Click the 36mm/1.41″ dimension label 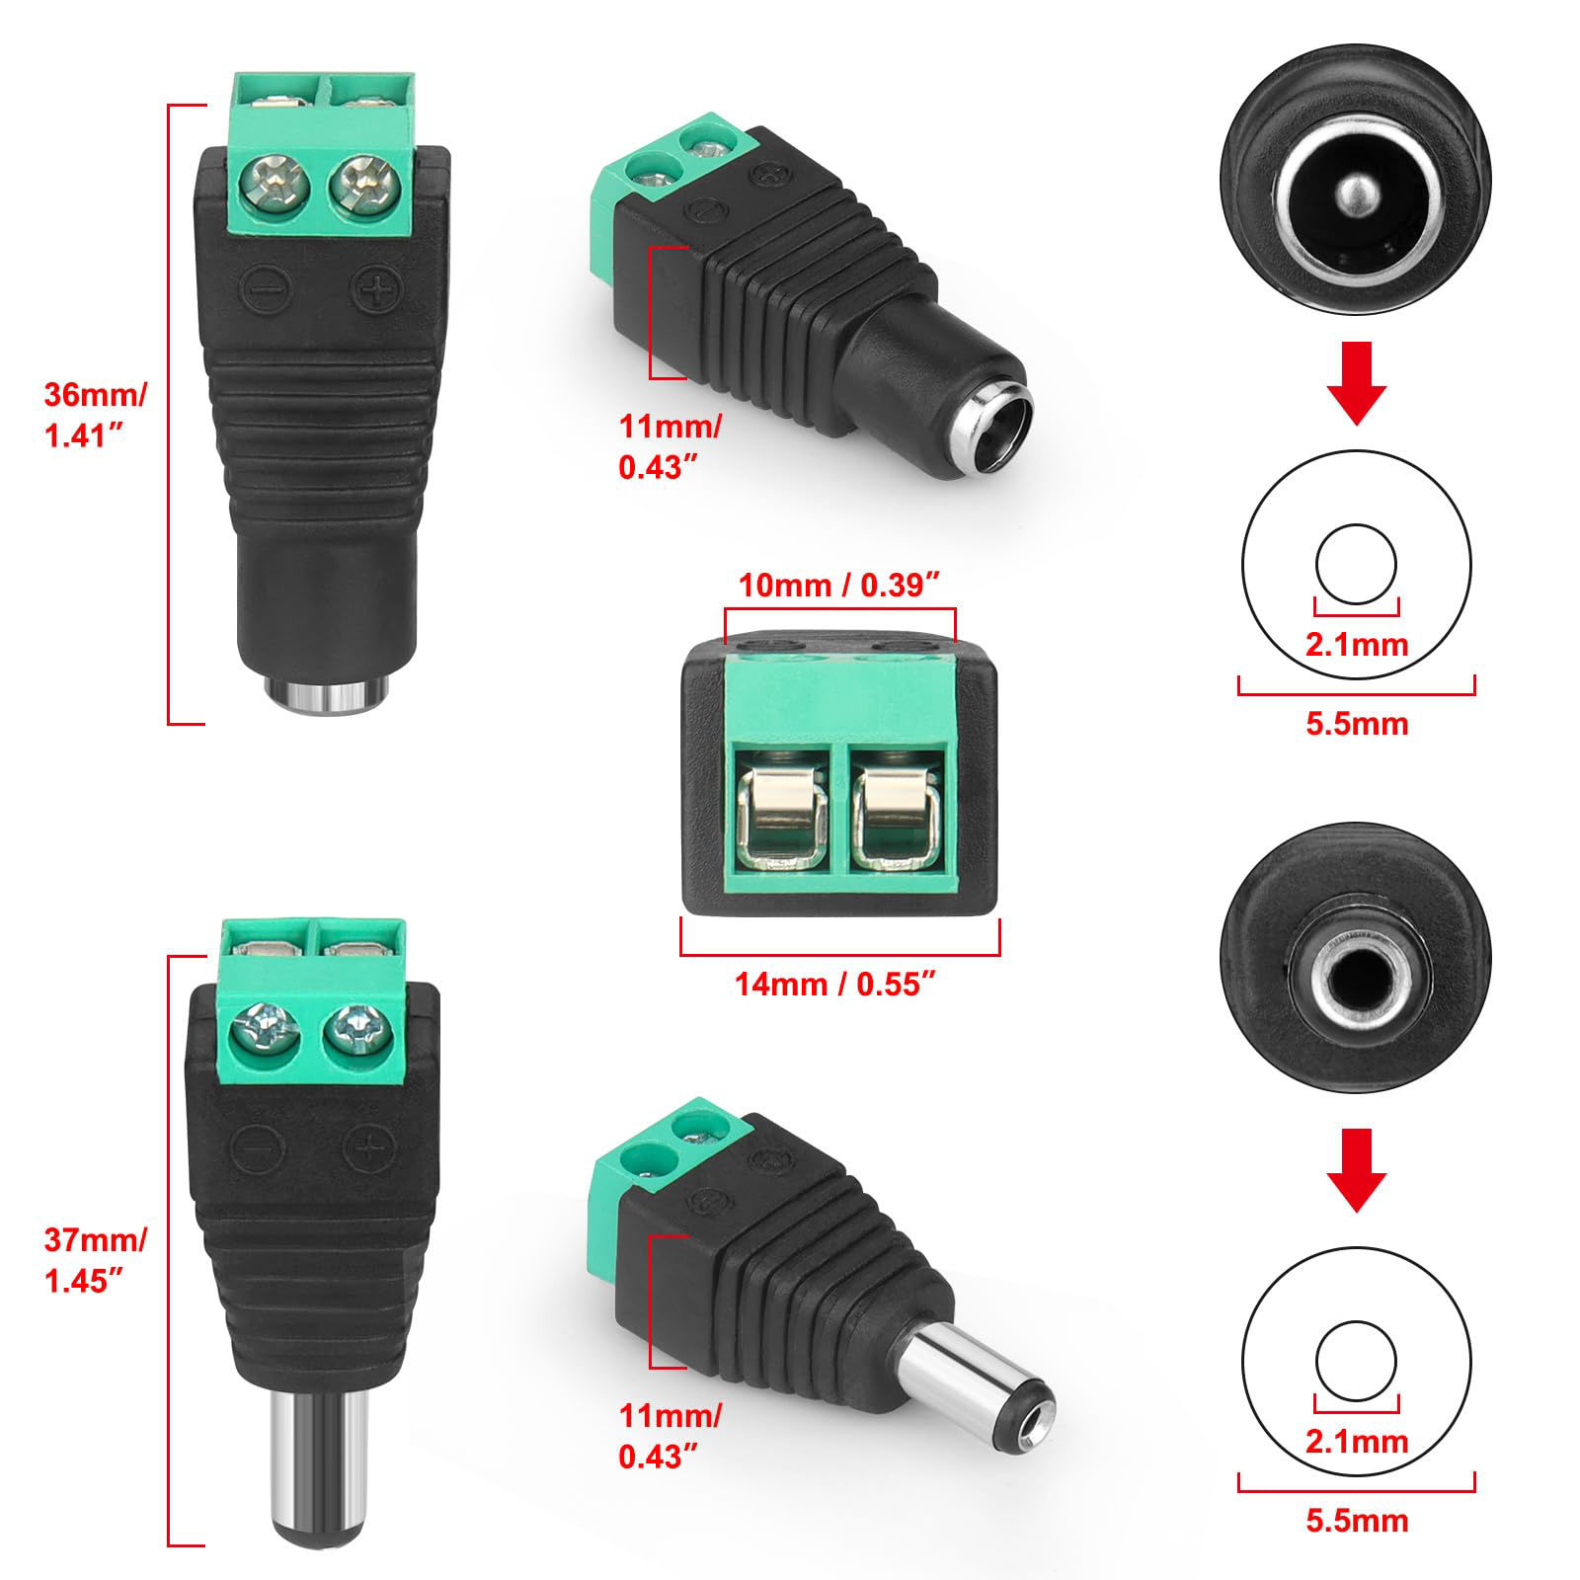tap(95, 416)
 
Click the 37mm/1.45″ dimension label tap(95, 1259)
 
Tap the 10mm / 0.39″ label tap(838, 586)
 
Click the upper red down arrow tap(1357, 383)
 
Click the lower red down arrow tap(1357, 1171)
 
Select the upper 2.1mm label tap(1357, 645)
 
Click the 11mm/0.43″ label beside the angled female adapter tap(670, 447)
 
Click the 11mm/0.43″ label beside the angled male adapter tap(670, 1435)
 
